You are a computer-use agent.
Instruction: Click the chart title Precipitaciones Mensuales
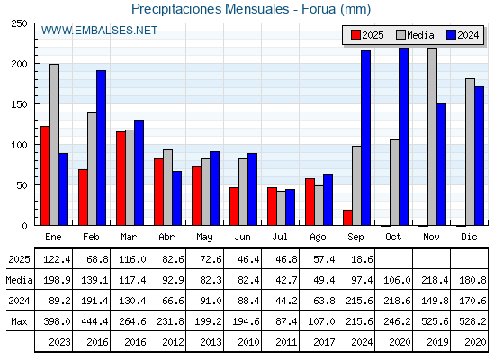[x=211, y=9]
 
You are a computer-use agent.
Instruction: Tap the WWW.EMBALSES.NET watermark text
[x=99, y=31]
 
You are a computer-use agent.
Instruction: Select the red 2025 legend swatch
[x=355, y=35]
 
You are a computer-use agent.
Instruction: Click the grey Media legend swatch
[x=400, y=35]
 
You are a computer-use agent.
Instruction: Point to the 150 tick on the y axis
[x=19, y=104]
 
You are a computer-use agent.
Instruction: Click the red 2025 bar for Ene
[x=45, y=175]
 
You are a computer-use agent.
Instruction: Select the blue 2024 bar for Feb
[x=101, y=148]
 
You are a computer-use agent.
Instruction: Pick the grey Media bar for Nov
[x=432, y=137]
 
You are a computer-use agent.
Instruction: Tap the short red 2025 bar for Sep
[x=347, y=218]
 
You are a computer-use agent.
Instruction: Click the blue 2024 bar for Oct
[x=404, y=137]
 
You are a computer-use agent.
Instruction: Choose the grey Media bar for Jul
[x=281, y=208]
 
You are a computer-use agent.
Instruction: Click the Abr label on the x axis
[x=166, y=238]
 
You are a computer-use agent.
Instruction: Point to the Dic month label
[x=469, y=238]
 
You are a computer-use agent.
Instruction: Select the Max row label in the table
[x=19, y=321]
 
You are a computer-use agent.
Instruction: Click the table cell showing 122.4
[x=57, y=259]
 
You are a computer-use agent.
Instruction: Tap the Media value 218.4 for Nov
[x=435, y=280]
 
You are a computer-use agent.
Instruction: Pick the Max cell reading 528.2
[x=472, y=321]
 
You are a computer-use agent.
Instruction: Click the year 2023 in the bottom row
[x=59, y=342]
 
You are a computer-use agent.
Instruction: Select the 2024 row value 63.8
[x=324, y=301]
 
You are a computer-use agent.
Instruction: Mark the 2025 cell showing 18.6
[x=362, y=259]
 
